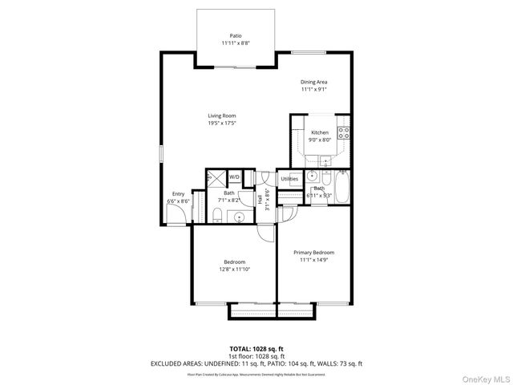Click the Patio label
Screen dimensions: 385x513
coord(236,35)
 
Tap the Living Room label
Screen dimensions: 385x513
coord(222,115)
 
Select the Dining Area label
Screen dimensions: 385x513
coord(314,82)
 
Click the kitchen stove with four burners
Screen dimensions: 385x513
coord(343,132)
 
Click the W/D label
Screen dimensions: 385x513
coord(235,176)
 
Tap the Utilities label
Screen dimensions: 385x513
coord(289,179)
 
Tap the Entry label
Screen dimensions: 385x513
coord(178,193)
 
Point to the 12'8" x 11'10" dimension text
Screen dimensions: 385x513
coord(235,269)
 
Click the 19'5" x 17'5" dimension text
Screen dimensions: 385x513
coord(222,123)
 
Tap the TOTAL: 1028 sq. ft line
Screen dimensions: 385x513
coord(256,349)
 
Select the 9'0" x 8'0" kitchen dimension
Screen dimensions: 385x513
coord(320,140)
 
